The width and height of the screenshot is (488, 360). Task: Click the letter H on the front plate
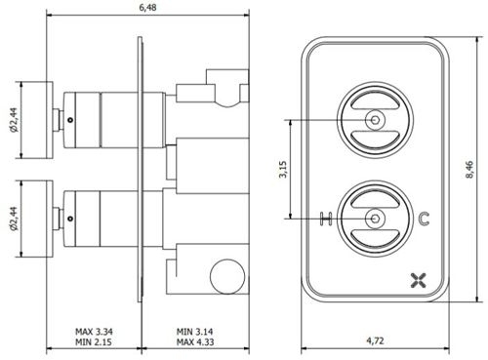click(x=325, y=218)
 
